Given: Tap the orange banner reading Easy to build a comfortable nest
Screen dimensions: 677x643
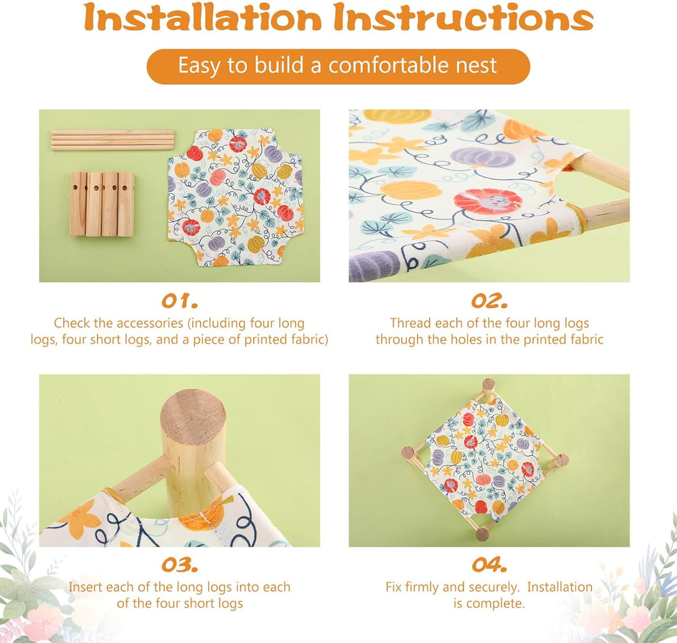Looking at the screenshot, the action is pyautogui.click(x=338, y=66).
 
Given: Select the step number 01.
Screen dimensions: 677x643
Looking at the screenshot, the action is pyautogui.click(x=179, y=301).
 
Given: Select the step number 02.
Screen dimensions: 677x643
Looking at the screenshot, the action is pyautogui.click(x=489, y=301).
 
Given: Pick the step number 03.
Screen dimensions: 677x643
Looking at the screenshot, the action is pyautogui.click(x=179, y=565).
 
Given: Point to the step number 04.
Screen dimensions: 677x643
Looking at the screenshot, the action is pyautogui.click(x=489, y=565).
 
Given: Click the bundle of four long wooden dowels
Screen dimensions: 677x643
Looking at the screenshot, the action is pyautogui.click(x=112, y=140).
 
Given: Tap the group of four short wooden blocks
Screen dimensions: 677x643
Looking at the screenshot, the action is pyautogui.click(x=102, y=204).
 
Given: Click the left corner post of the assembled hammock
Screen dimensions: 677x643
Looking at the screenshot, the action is pyautogui.click(x=408, y=453).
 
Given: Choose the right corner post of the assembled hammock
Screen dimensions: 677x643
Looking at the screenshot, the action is pyautogui.click(x=561, y=461).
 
